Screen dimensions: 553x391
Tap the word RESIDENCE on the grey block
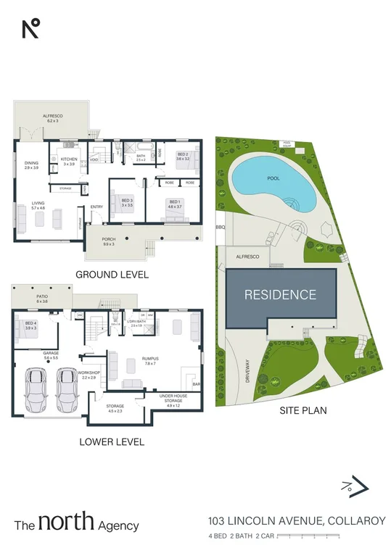pyautogui.click(x=280, y=294)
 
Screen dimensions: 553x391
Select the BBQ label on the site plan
pyautogui.click(x=221, y=228)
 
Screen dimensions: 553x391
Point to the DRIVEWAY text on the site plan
pyautogui.click(x=247, y=370)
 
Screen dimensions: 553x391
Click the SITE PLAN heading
pyautogui.click(x=302, y=410)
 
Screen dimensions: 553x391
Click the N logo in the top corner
pyautogui.click(x=30, y=28)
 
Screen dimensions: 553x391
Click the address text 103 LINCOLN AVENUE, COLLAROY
pyautogui.click(x=296, y=520)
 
